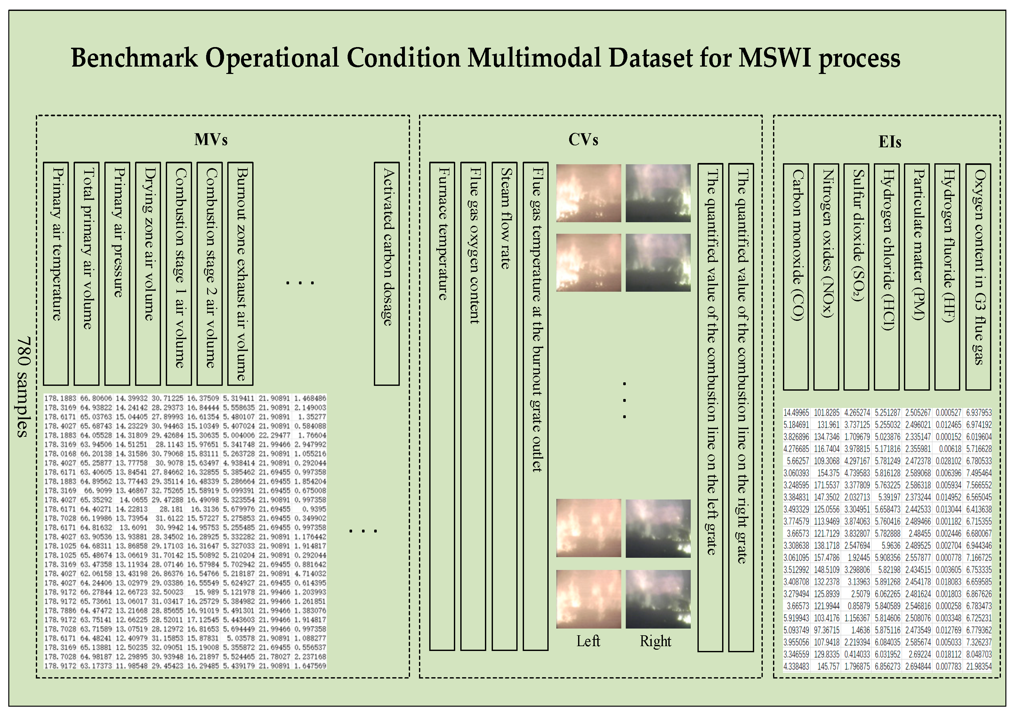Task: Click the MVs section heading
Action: (x=211, y=140)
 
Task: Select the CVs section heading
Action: (x=583, y=140)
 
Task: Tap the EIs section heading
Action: (x=890, y=142)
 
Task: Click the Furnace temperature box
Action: (x=442, y=406)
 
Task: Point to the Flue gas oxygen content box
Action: (x=473, y=406)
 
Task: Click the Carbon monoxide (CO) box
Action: (x=796, y=277)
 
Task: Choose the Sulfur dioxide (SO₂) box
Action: (x=856, y=277)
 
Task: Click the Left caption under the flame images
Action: (x=588, y=641)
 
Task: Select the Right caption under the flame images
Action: (x=656, y=641)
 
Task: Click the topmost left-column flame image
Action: (x=588, y=193)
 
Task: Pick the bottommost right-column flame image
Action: (x=658, y=599)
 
